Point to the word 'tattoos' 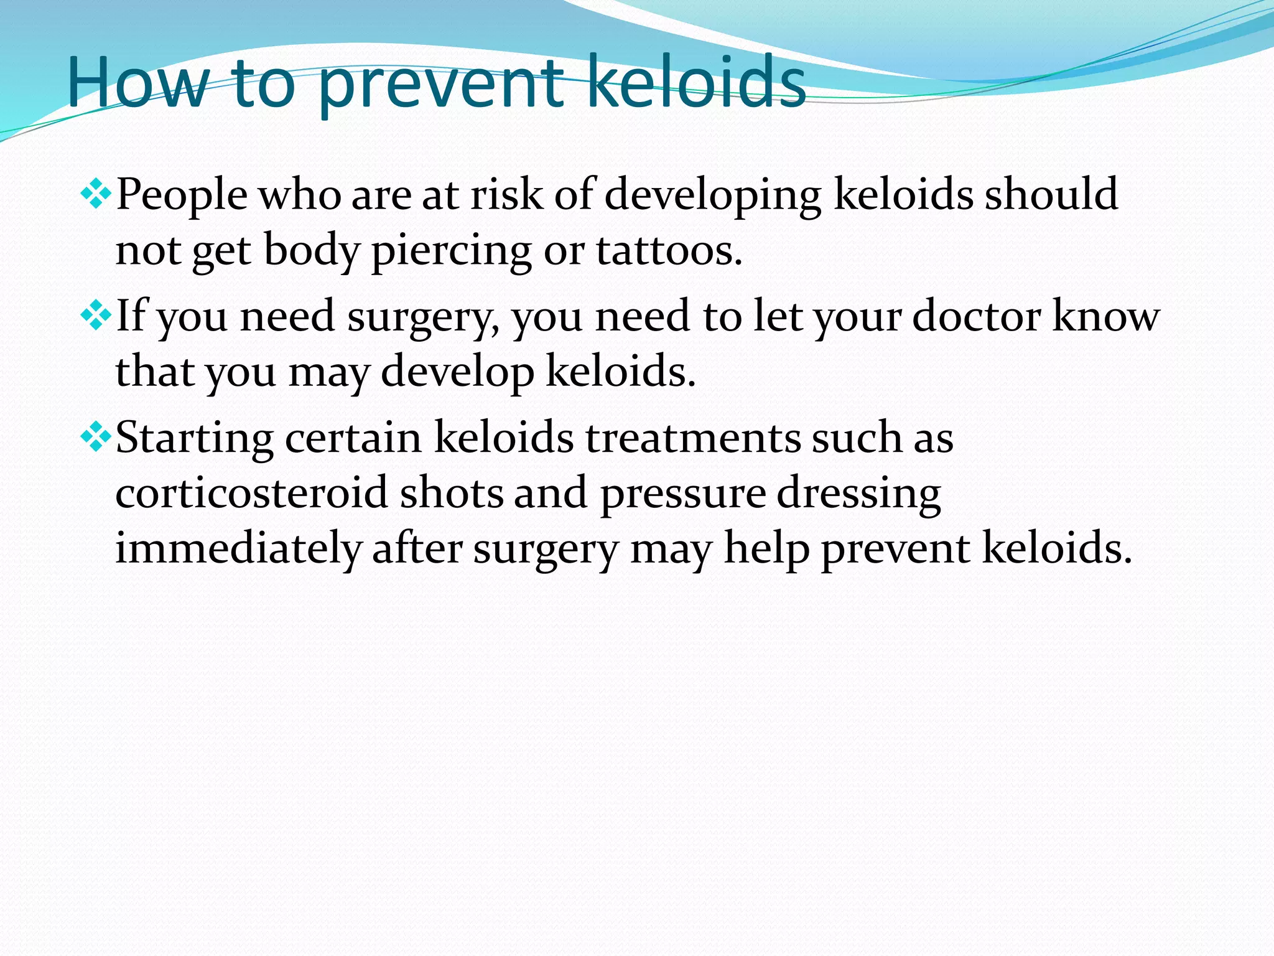pos(669,251)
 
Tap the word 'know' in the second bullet pos(1105,316)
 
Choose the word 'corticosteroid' pos(251,493)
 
